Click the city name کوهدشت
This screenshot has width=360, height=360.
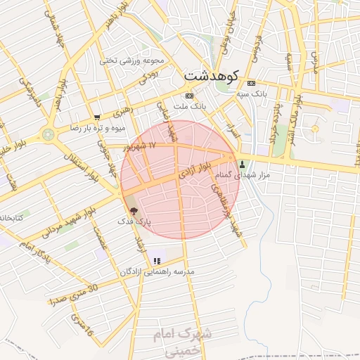coord(212,75)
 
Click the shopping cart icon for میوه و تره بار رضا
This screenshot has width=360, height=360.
coord(97,117)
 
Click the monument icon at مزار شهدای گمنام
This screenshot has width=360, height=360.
coord(243,163)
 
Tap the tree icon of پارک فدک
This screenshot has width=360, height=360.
coord(134,211)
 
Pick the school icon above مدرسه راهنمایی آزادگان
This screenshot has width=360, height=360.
coord(155,261)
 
